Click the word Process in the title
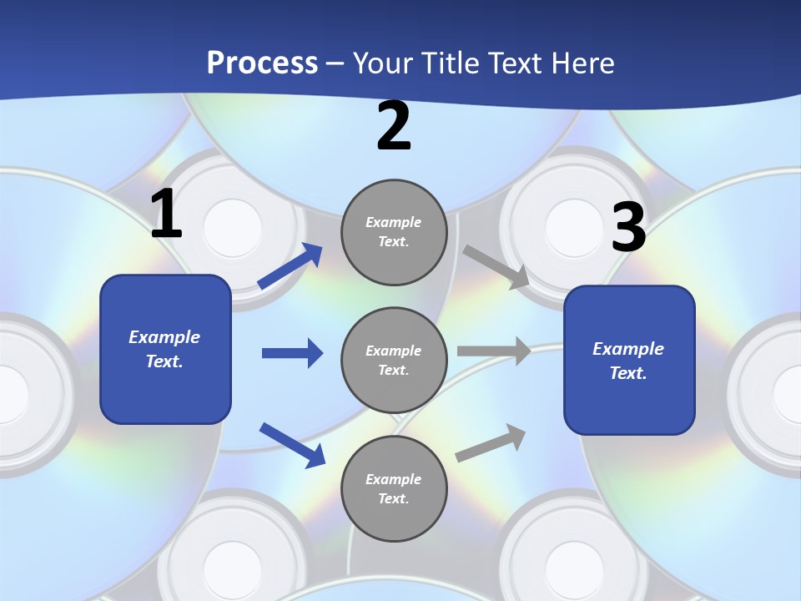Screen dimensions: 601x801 tap(262, 63)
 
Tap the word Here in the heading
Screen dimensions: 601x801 tap(581, 63)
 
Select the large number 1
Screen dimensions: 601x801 tap(166, 215)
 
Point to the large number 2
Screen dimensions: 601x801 tap(394, 126)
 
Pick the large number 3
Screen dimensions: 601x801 tap(628, 228)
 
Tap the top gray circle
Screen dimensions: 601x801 tap(394, 232)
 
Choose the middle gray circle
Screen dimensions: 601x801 tap(394, 360)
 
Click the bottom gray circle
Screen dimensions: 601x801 tap(394, 488)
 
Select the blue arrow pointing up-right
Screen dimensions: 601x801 tap(290, 266)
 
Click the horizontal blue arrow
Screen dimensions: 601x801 tap(292, 353)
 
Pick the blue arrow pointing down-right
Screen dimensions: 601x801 tap(292, 444)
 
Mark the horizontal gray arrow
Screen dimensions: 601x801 tap(494, 351)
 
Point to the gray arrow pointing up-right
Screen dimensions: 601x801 tap(491, 442)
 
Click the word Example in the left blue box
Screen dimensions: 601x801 tap(164, 337)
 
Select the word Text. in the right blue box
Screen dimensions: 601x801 tap(628, 373)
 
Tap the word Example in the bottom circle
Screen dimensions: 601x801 tap(394, 479)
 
